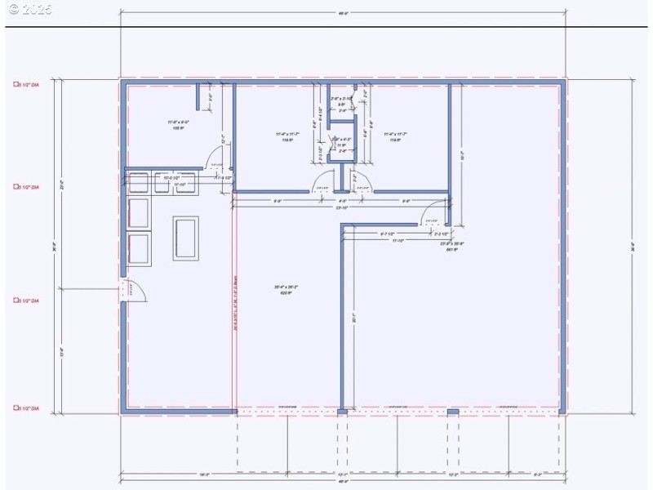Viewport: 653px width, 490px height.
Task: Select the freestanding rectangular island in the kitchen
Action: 185,238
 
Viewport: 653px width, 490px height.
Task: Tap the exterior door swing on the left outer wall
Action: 132,289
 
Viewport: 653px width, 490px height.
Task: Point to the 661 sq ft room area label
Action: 451,247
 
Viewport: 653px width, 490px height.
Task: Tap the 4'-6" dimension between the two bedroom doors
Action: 342,200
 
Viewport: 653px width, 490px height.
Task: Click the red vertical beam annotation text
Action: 234,302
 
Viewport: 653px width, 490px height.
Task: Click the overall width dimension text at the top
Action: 343,12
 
